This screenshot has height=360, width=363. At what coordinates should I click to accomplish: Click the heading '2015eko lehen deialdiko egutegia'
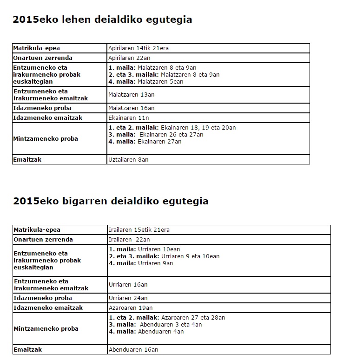point(102,20)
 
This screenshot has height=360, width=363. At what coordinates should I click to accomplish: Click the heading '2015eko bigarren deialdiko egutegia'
point(111,201)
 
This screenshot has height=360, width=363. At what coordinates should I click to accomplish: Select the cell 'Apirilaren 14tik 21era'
point(139,48)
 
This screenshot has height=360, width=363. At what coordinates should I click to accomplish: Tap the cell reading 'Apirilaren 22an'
point(129,58)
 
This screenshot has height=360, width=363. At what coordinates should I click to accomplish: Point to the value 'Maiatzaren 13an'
point(132,95)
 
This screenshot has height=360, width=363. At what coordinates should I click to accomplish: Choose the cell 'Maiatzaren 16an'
point(132,108)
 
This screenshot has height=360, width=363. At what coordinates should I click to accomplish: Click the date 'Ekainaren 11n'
point(129,118)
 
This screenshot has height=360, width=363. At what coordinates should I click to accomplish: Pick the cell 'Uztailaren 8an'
point(128,160)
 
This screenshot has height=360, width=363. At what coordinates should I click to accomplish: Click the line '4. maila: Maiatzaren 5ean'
point(146,82)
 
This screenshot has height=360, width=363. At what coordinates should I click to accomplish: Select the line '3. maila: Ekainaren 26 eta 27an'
point(156,135)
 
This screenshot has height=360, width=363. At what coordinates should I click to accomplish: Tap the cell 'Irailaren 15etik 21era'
point(139,230)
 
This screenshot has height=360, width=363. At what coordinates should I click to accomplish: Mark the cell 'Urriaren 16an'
point(128,285)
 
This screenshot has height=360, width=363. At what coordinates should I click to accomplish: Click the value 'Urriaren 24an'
point(128,298)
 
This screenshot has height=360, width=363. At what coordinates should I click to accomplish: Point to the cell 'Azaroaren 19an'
point(131,308)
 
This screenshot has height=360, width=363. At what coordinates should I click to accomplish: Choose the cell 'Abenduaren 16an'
point(133,350)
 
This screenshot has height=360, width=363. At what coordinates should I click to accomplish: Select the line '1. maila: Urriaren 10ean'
point(144,249)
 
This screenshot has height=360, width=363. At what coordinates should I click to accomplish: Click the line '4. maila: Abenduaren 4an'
point(146,332)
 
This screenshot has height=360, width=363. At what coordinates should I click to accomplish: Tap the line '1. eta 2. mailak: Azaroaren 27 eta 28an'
point(167,318)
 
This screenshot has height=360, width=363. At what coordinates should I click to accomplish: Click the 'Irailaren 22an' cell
point(129,240)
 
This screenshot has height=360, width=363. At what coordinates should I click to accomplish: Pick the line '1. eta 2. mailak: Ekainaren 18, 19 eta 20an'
point(172,128)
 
